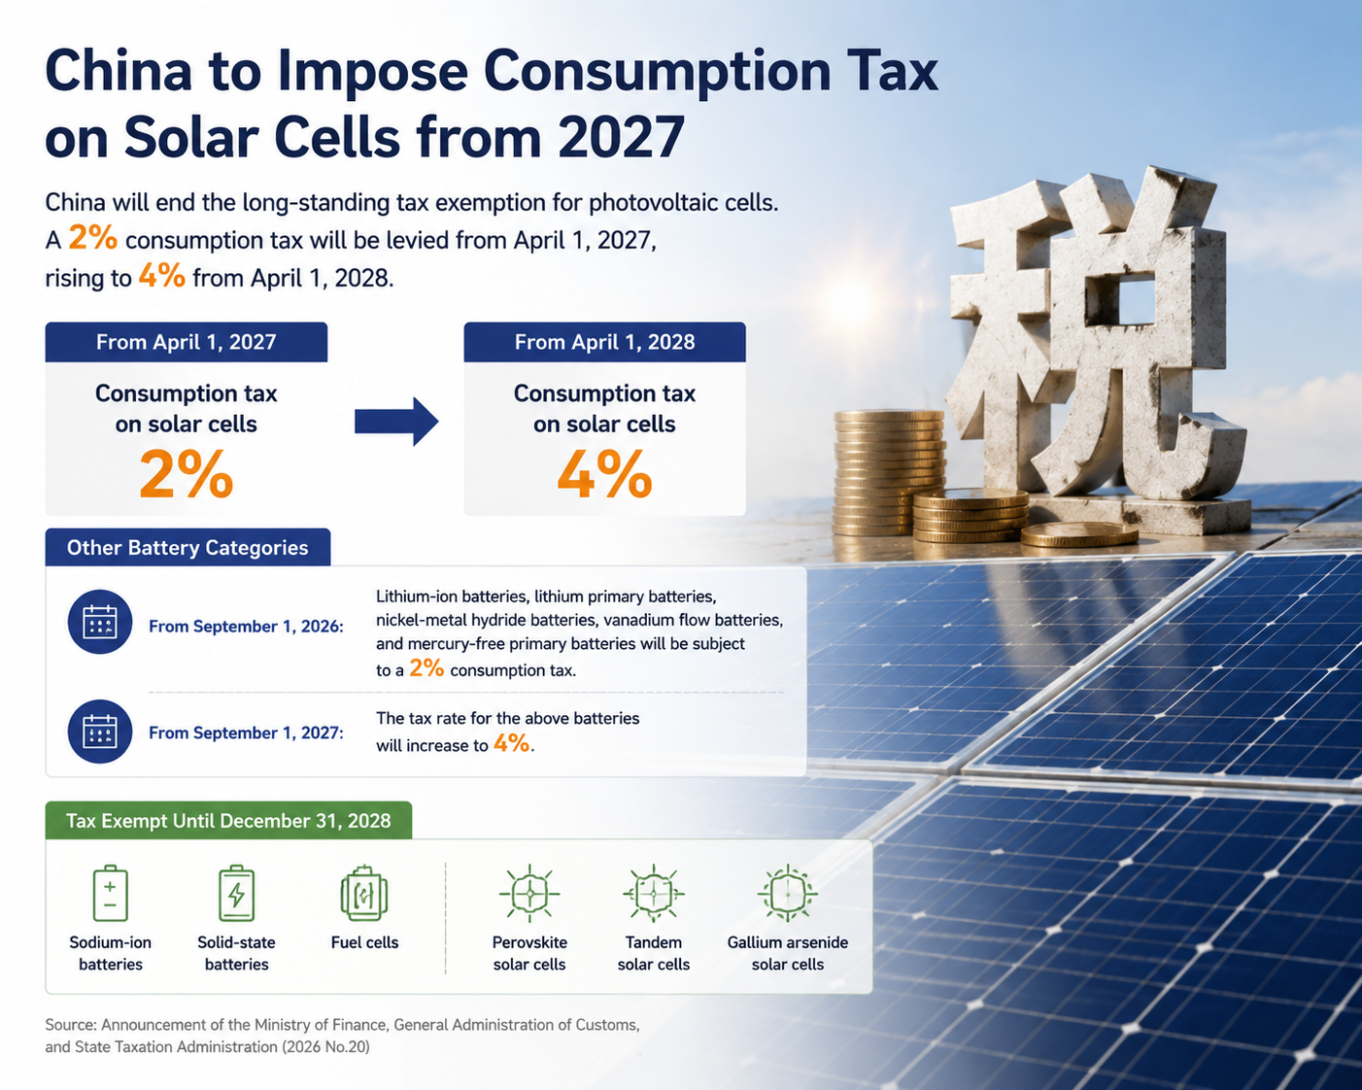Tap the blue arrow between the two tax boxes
[396, 422]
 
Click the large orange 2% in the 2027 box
[187, 474]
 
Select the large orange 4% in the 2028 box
[604, 474]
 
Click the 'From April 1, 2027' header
[187, 342]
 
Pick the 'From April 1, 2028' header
[604, 342]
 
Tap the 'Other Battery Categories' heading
[187, 548]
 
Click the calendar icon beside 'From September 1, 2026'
[100, 622]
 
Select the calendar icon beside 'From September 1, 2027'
[100, 732]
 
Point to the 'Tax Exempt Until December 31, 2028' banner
[228, 821]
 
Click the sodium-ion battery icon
[110, 893]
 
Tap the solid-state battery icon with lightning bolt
[237, 893]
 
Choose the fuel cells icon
[364, 893]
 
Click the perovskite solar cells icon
[529, 893]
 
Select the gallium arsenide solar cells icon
[787, 893]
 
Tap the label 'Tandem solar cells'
[653, 953]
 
